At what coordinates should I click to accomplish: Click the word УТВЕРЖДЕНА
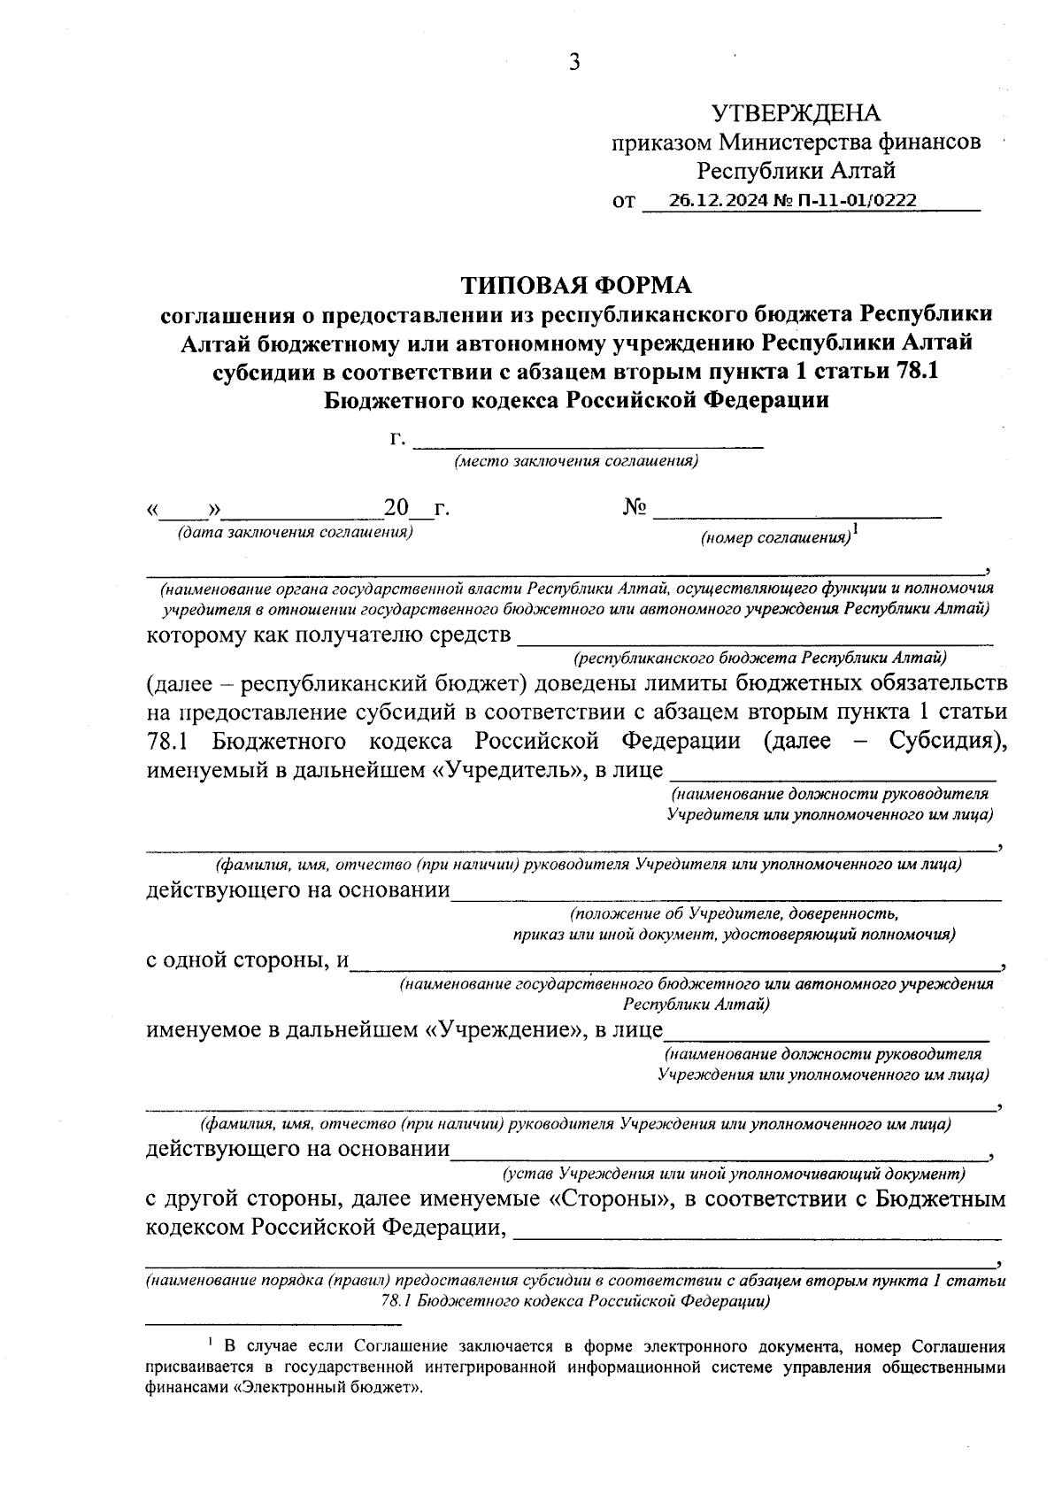click(796, 113)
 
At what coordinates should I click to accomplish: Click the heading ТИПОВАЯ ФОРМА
click(575, 285)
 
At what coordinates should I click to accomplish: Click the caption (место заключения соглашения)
click(576, 461)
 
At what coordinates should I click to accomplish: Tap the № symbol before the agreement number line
click(635, 508)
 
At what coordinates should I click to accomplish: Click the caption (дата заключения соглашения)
click(296, 533)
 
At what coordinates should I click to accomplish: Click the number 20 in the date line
click(396, 509)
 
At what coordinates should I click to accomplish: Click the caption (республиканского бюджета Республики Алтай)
click(759, 658)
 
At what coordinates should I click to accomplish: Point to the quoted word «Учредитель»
click(510, 770)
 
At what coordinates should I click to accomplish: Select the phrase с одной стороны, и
click(247, 960)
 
